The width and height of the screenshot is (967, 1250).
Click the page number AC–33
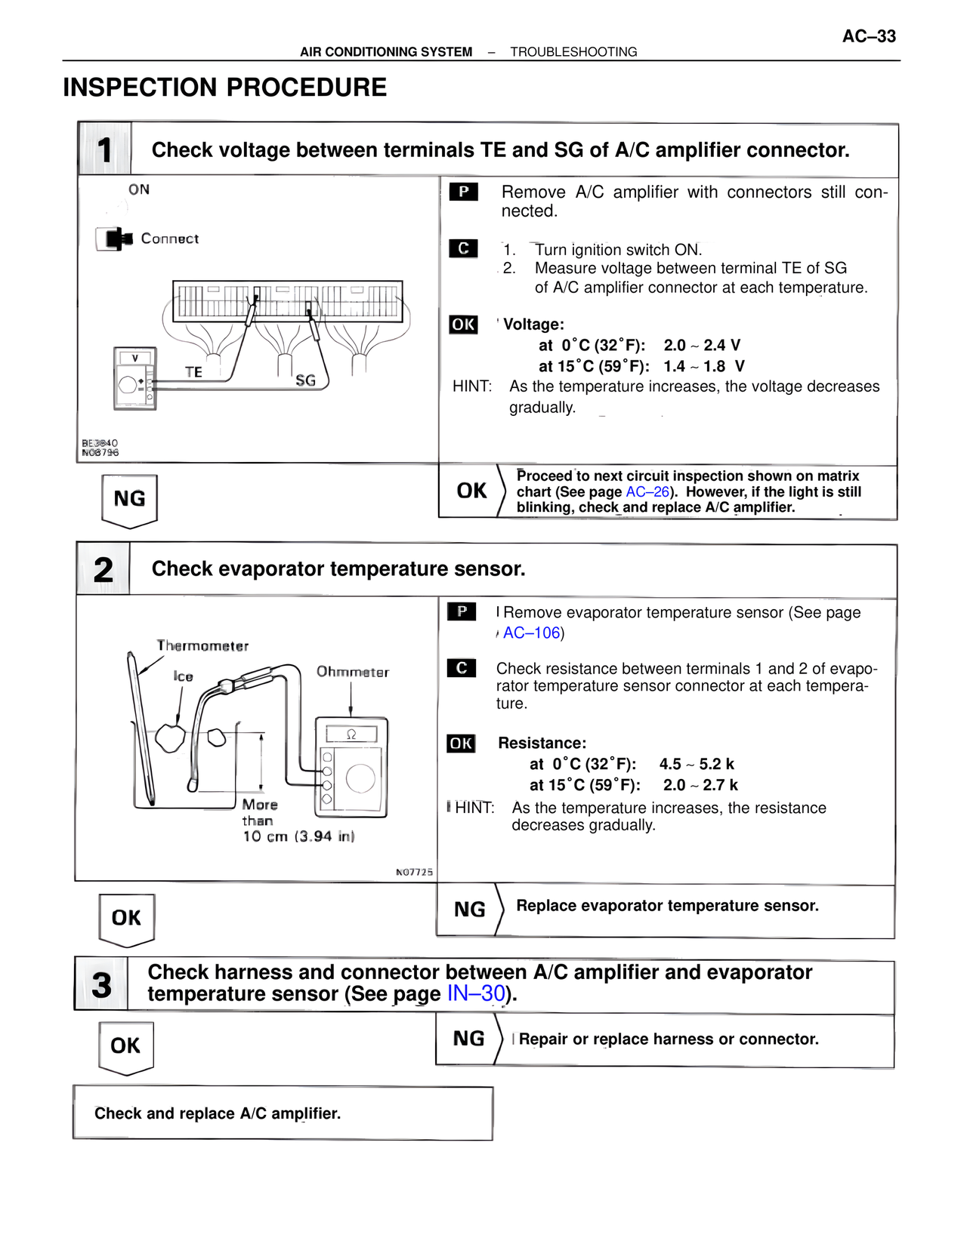click(869, 36)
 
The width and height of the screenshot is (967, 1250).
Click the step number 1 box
click(105, 149)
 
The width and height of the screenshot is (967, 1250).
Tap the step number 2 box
click(103, 569)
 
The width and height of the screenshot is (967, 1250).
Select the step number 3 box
click(101, 984)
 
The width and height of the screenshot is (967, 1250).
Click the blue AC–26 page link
click(647, 492)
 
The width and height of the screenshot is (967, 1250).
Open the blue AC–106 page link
click(532, 633)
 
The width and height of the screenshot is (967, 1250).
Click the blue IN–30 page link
click(476, 993)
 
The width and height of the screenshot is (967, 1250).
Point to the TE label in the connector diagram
click(193, 372)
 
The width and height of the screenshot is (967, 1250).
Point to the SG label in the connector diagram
click(305, 380)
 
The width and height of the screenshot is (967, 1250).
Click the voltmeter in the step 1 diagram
click(134, 379)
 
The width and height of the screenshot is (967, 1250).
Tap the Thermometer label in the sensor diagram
click(202, 646)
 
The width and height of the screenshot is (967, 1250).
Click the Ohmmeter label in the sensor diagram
click(352, 672)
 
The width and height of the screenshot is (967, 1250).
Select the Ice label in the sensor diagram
click(183, 676)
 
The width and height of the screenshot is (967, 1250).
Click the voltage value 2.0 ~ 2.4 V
click(702, 346)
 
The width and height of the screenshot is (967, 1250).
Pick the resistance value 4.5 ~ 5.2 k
click(696, 764)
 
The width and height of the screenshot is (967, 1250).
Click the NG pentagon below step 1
click(129, 499)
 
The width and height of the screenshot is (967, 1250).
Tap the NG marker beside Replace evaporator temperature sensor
click(469, 910)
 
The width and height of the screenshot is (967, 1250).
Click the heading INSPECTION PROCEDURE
click(224, 88)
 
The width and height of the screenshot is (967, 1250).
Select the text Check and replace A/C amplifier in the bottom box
click(218, 1113)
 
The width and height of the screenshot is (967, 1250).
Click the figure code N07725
click(414, 872)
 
